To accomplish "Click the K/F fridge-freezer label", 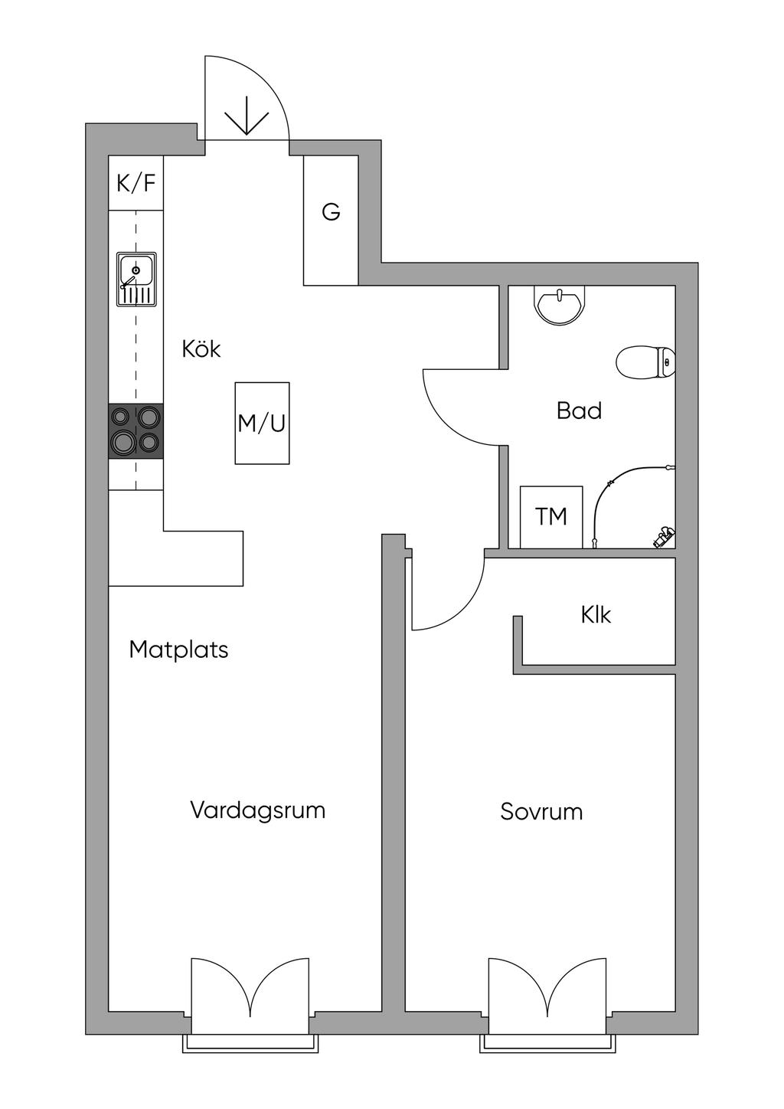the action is coord(136,183).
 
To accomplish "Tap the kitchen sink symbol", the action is coord(136,279).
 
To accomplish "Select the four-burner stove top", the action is coord(136,431).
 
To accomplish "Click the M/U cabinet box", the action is coord(262,423).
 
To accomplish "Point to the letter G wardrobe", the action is coord(331,212).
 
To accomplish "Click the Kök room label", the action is coord(201,349).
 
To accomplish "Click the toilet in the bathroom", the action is coord(646,362).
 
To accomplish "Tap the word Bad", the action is coord(579,411).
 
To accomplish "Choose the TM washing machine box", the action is coord(551,516).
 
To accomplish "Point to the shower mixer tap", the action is coord(663,536).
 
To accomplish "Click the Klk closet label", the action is coord(596,615).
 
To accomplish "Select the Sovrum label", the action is coord(541,812).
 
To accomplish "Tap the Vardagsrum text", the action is coord(257,810).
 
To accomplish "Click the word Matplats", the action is coord(178,650).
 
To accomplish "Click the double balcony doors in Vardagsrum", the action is coord(250,988).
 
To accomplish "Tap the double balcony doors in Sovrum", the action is coord(547,988).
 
